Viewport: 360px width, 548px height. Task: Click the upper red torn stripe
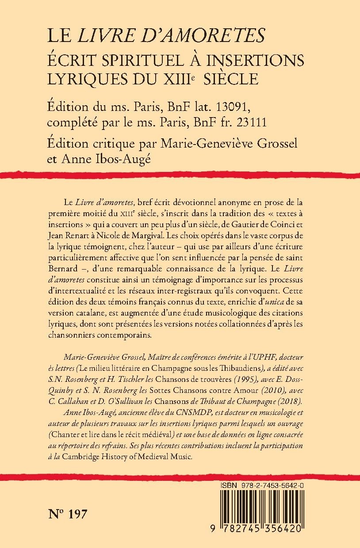(180, 176)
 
